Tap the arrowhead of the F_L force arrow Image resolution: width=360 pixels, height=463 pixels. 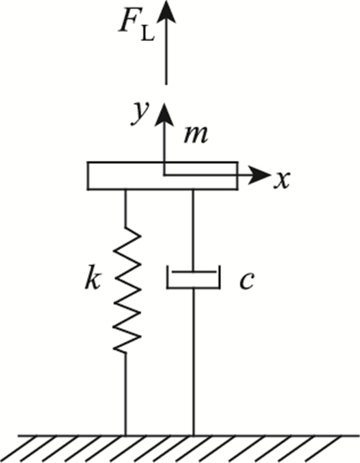(x=166, y=11)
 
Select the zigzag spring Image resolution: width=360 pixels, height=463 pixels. (x=127, y=290)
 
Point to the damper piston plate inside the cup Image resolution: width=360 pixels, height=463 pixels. (x=193, y=272)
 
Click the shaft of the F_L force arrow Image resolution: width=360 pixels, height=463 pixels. (x=166, y=57)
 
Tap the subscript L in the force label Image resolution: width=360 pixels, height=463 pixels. (x=147, y=38)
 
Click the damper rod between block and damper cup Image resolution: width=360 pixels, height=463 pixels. (x=193, y=229)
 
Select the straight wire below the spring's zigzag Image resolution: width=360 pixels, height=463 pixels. (x=125, y=393)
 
